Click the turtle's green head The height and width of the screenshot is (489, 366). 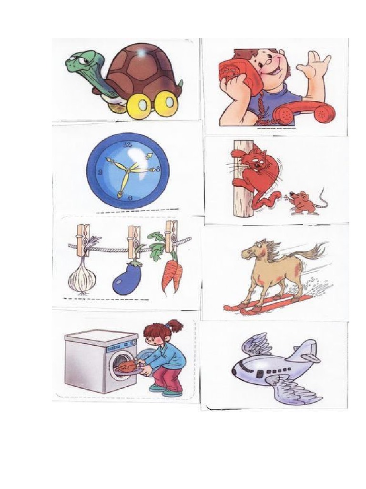tap(79, 63)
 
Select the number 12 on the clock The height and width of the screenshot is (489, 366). tap(127, 144)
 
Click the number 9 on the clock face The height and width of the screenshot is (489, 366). tap(100, 172)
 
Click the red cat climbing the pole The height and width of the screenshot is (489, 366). tap(258, 172)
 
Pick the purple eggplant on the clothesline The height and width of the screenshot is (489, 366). tap(124, 280)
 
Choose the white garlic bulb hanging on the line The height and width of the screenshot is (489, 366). tap(82, 277)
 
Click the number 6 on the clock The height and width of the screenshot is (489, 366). tap(130, 197)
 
